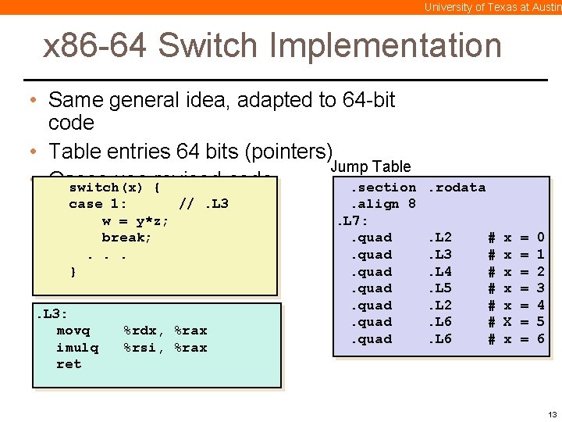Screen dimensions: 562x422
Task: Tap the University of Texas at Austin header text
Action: coord(493,7)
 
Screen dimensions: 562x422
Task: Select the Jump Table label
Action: coord(371,166)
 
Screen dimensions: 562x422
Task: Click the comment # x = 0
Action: coord(516,238)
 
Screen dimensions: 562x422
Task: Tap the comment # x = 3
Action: coord(516,288)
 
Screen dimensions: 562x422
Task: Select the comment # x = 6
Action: coord(516,339)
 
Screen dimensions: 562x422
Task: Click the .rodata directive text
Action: coord(457,188)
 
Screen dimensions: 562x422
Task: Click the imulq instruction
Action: coord(77,347)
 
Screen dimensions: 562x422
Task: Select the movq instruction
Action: coord(73,331)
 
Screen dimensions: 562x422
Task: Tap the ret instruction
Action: coord(69,364)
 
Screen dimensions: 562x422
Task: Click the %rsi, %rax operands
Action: coord(165,347)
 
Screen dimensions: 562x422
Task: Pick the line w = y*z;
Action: coord(135,221)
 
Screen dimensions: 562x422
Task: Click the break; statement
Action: coord(126,238)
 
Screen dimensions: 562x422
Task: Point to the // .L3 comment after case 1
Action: coord(204,204)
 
